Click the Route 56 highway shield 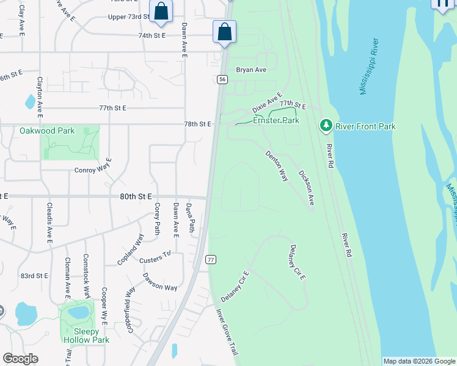coord(222,79)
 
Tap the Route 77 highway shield coord(211,259)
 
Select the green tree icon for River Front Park coord(326,126)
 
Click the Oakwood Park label coord(47,131)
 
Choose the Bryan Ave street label coord(251,70)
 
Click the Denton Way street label coord(276,166)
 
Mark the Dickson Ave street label coord(306,187)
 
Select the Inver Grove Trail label coord(225,332)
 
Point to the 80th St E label coord(135,196)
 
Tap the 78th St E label coord(197,124)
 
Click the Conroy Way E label coord(93,170)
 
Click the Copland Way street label coord(131,249)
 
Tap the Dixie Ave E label coord(267,103)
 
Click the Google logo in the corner coord(21,359)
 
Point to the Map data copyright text coord(420,361)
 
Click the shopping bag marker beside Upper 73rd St coord(161,11)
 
